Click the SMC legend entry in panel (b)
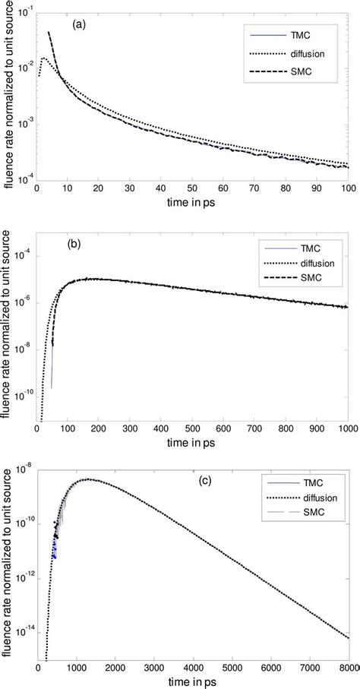(302, 294)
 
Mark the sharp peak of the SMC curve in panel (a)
(49, 32)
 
